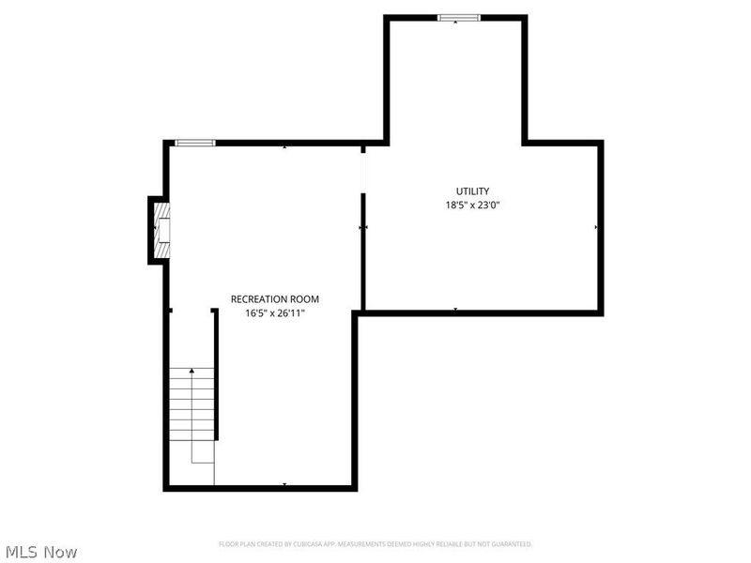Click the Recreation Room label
click(x=268, y=299)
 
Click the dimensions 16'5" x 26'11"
click(x=268, y=313)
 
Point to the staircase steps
click(x=192, y=403)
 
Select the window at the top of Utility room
click(x=459, y=17)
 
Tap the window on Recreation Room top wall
click(x=195, y=143)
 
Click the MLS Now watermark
click(x=41, y=552)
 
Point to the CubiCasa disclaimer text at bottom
click(x=375, y=543)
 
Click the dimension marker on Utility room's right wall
click(x=595, y=226)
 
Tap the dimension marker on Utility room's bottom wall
click(x=455, y=309)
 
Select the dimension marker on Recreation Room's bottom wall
click(x=284, y=483)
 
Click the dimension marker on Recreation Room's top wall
click(x=284, y=147)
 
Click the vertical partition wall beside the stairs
click(x=216, y=375)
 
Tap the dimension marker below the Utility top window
click(x=455, y=22)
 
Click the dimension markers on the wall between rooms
click(x=363, y=226)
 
